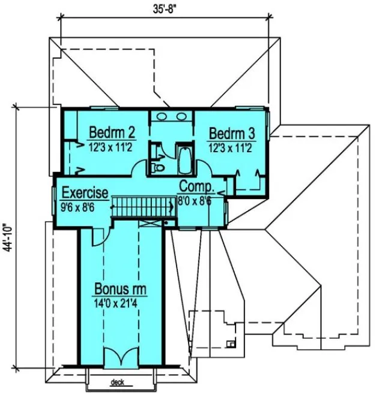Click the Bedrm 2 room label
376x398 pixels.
pyautogui.click(x=111, y=131)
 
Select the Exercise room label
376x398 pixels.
pyautogui.click(x=85, y=193)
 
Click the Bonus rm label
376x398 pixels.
pyautogui.click(x=121, y=290)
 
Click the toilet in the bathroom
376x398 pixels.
pyautogui.click(x=159, y=167)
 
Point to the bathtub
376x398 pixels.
pyautogui.click(x=184, y=158)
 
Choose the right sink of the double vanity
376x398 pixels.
pyautogui.click(x=181, y=116)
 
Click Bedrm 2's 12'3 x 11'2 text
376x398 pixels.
pyautogui.click(x=111, y=146)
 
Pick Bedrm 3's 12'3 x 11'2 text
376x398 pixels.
pyautogui.click(x=231, y=146)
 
